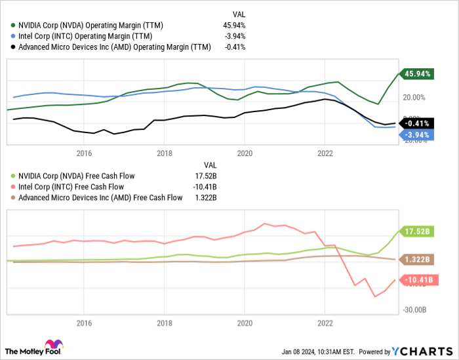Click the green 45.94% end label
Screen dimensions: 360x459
[418, 74]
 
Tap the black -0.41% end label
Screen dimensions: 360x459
[418, 123]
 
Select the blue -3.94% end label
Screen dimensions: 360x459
[418, 135]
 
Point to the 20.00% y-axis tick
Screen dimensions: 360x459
[416, 98]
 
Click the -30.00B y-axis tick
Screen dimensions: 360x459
[414, 310]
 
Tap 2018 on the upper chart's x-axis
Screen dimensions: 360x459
[165, 153]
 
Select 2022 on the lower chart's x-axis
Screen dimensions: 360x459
[325, 323]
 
